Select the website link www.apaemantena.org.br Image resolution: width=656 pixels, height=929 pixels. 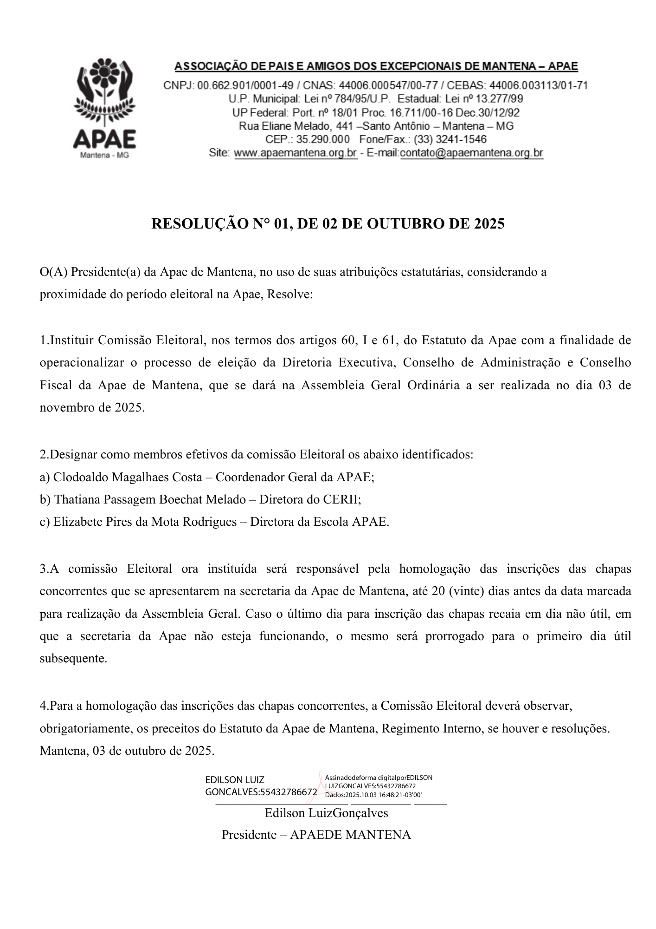(296, 153)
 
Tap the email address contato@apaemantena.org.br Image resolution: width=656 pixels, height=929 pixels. (471, 153)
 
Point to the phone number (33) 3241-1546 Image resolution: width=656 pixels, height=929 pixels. (450, 139)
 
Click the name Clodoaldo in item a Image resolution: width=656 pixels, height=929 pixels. (75, 477)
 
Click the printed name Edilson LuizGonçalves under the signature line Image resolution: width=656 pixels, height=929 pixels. (326, 813)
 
